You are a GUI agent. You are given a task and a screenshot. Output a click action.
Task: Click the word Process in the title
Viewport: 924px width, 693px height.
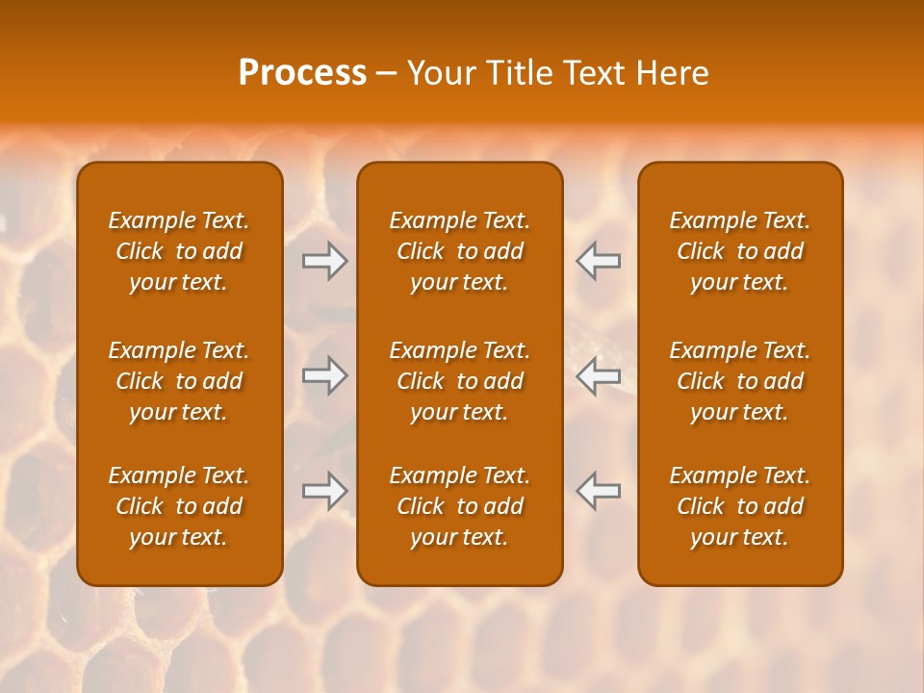click(302, 73)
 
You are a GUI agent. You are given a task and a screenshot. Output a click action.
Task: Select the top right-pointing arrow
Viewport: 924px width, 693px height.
click(324, 261)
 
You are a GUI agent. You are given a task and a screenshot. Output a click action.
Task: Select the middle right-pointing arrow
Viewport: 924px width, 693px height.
click(324, 375)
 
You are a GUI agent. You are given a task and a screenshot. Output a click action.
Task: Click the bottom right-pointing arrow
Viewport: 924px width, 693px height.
click(324, 491)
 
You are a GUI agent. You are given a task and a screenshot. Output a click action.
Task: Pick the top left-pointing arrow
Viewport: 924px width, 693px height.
click(599, 261)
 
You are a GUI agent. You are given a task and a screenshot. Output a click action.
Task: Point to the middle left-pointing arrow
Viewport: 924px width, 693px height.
click(599, 375)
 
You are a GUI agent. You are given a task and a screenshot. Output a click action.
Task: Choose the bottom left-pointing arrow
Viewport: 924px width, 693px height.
click(599, 491)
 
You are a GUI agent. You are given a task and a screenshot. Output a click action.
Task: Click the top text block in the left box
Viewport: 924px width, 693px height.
click(179, 251)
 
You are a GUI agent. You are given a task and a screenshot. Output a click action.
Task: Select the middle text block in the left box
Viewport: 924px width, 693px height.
click(179, 381)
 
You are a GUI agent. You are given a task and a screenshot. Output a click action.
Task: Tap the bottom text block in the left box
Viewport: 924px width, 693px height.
click(179, 506)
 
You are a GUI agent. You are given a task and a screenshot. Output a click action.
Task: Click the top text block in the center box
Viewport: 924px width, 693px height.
click(460, 251)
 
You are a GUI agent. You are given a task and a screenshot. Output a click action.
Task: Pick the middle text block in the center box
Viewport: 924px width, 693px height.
click(460, 381)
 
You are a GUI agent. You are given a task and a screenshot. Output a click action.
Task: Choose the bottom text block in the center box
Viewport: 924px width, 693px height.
click(460, 506)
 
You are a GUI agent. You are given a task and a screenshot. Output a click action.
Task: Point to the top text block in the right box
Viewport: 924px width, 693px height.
click(740, 251)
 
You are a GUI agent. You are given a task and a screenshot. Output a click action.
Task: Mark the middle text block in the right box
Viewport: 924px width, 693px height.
click(740, 381)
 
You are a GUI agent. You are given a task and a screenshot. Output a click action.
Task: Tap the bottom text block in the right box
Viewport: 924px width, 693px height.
click(740, 506)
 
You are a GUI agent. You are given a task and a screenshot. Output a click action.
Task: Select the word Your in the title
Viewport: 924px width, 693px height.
click(438, 73)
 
